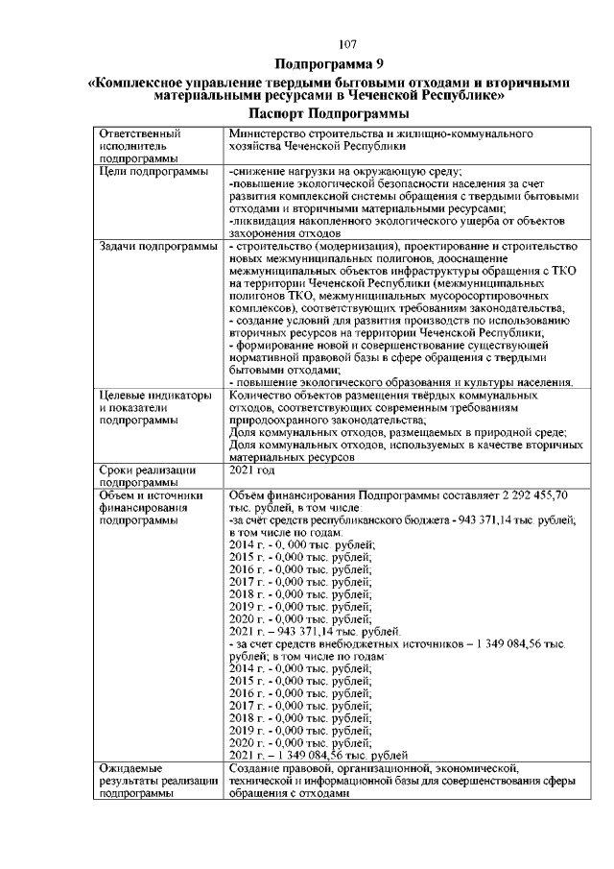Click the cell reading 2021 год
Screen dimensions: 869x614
tap(252, 471)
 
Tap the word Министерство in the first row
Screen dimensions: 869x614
tap(271, 133)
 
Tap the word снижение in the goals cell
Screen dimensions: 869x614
tap(259, 170)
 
